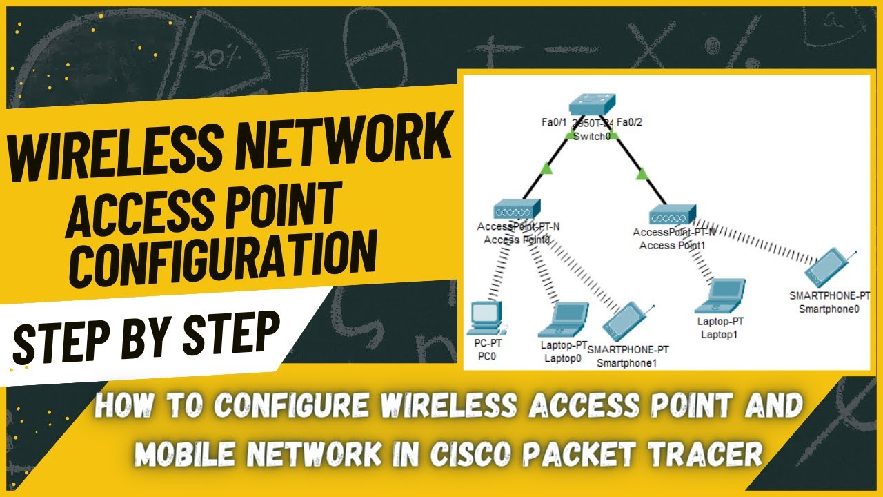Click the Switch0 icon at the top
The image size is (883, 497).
click(x=591, y=104)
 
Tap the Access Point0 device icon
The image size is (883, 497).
click(x=517, y=210)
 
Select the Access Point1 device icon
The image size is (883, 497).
click(x=673, y=215)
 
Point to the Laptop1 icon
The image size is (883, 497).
click(x=721, y=295)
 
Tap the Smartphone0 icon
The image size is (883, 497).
click(x=832, y=269)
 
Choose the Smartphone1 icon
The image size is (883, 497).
click(x=626, y=322)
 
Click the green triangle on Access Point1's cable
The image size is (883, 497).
click(x=642, y=174)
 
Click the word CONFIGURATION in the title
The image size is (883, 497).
click(x=225, y=255)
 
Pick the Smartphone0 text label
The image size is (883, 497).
click(x=829, y=309)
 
